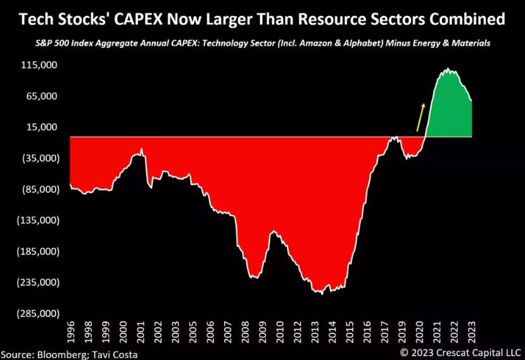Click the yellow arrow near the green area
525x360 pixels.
point(421,117)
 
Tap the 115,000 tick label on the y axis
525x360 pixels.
point(39,65)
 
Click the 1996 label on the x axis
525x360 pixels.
point(71,332)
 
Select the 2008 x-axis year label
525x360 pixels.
point(246,332)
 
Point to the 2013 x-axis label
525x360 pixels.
point(315,332)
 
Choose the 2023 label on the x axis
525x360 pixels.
point(472,332)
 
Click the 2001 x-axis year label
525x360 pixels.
point(141,332)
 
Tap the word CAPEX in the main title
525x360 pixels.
point(138,19)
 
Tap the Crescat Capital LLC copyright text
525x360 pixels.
point(460,352)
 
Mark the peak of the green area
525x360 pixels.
point(448,68)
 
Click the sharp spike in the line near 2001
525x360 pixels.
point(142,148)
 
